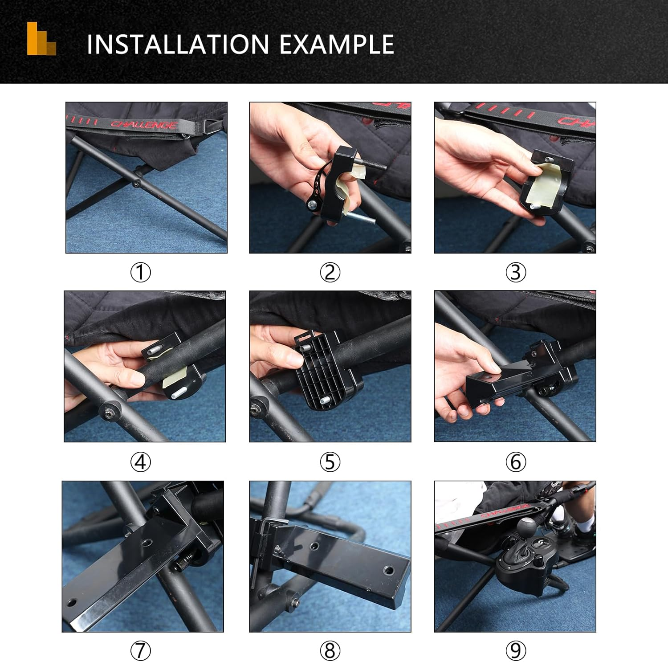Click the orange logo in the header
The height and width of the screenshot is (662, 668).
[41, 39]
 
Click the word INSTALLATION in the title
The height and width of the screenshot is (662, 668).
[178, 45]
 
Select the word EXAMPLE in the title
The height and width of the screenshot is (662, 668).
[337, 45]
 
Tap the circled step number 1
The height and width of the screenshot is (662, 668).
[140, 272]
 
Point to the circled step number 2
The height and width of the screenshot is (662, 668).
[330, 272]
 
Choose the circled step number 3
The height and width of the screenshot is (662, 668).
[516, 272]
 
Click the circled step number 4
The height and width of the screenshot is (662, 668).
[140, 462]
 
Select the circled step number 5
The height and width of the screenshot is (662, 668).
[330, 462]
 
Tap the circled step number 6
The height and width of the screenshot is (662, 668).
[516, 462]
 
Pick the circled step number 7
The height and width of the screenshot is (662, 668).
[140, 651]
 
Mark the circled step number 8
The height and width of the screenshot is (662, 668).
[330, 651]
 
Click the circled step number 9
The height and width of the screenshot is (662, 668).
[516, 651]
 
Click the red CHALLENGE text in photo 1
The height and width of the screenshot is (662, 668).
[143, 125]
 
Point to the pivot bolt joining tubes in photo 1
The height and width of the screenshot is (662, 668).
[135, 183]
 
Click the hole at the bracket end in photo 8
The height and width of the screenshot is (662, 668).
[389, 570]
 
